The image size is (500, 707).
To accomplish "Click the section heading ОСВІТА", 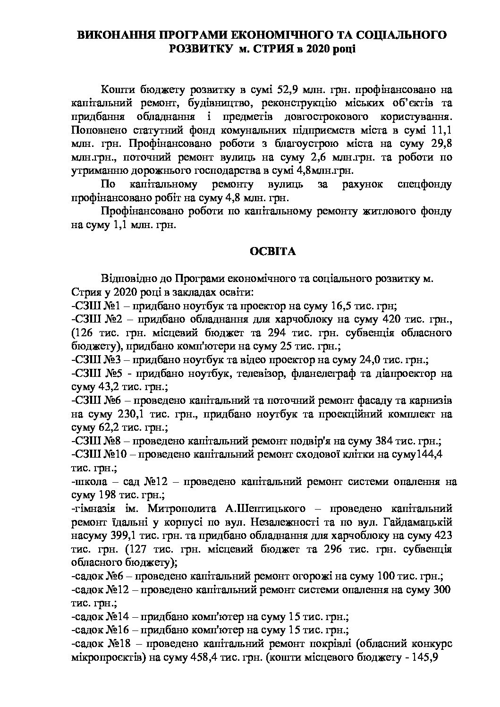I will coord(272,252).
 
